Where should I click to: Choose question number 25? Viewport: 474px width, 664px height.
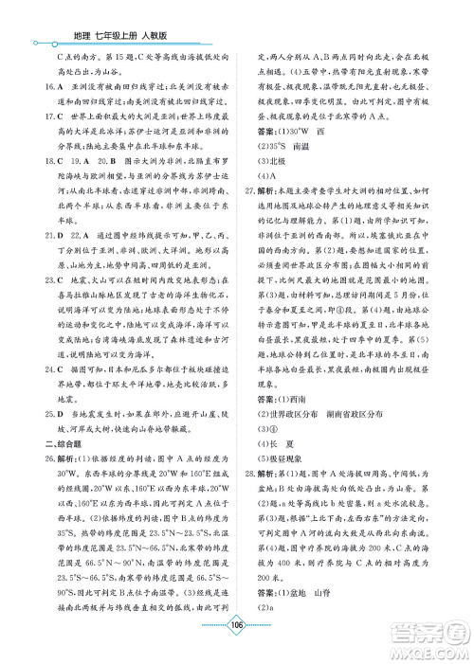pyautogui.click(x=37, y=371)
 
